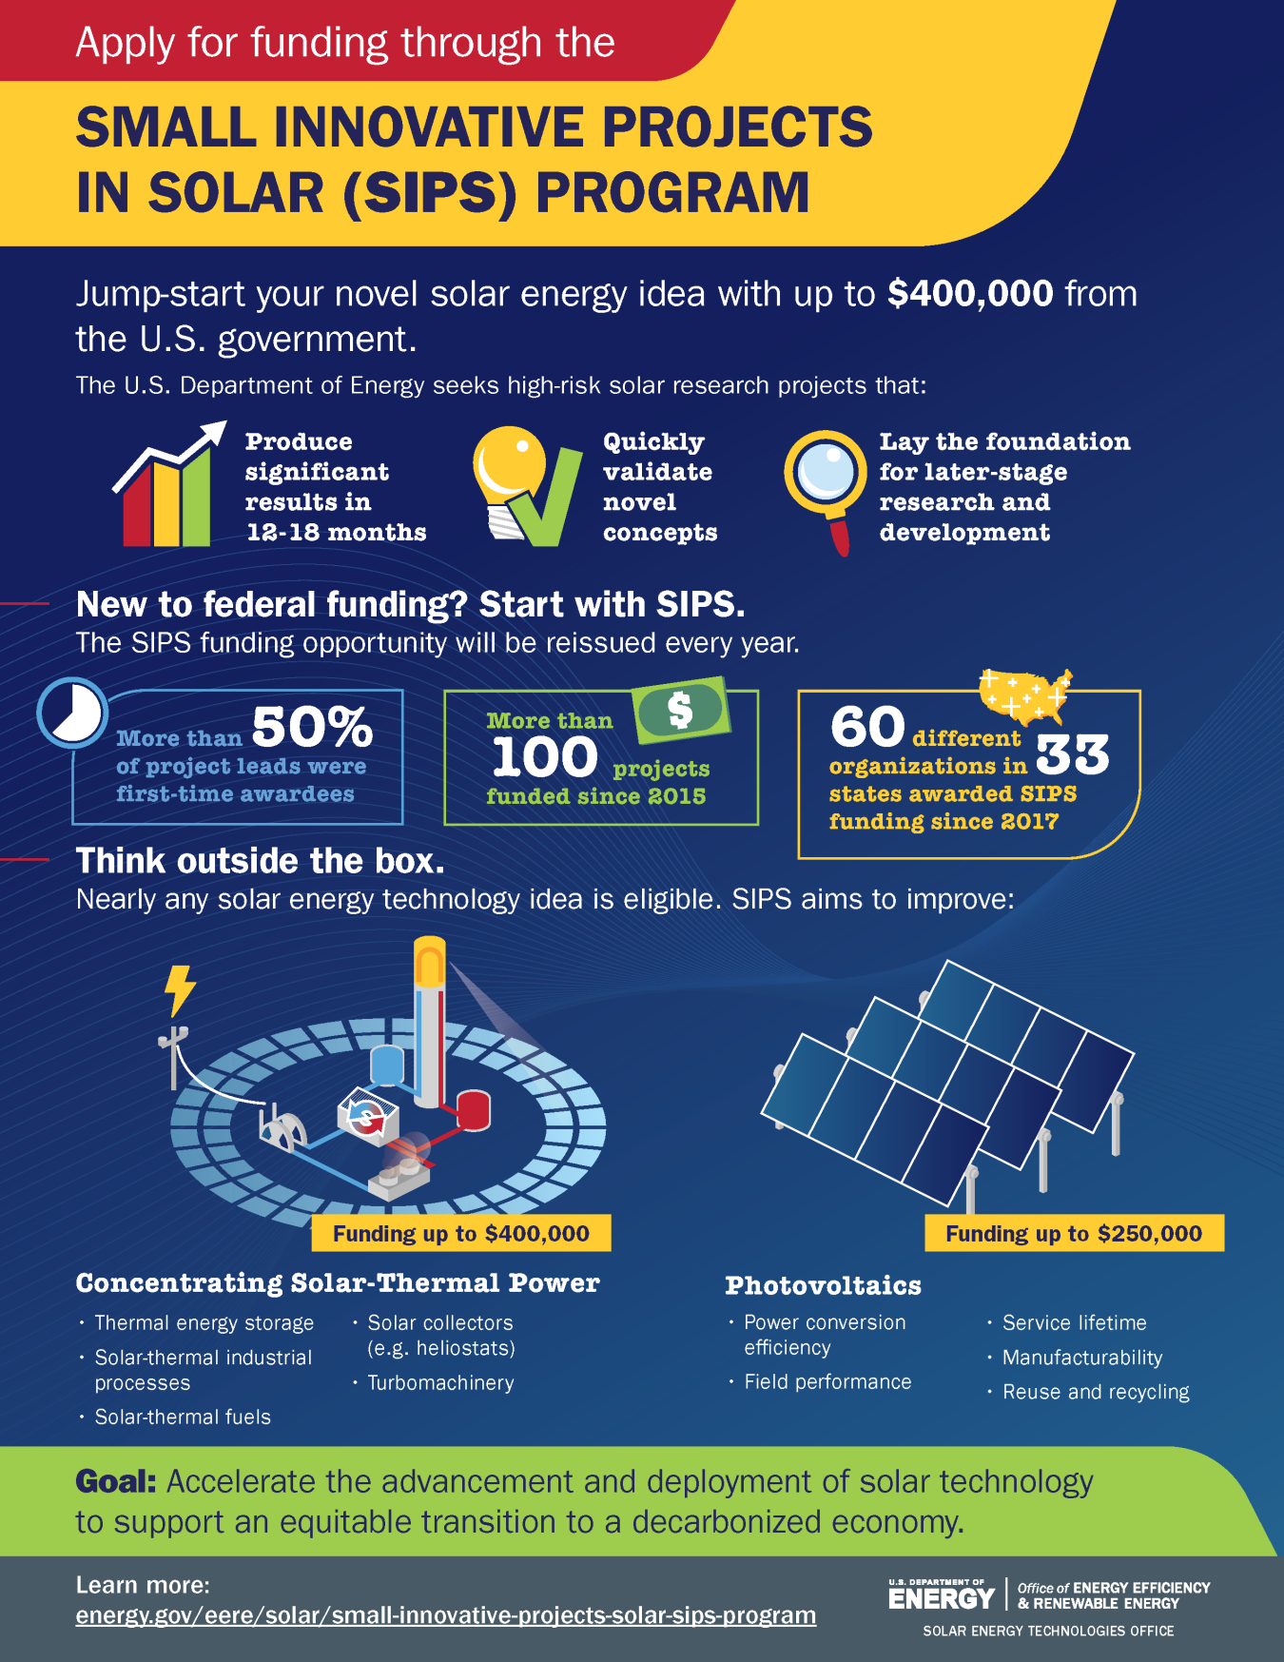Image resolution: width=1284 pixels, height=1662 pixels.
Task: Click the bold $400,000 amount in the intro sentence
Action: (x=969, y=294)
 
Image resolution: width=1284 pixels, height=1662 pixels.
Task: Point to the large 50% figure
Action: (x=312, y=728)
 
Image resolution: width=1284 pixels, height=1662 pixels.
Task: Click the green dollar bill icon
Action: (x=682, y=710)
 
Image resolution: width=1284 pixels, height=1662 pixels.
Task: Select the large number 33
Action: (x=1071, y=754)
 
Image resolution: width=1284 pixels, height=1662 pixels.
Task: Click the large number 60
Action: (x=866, y=728)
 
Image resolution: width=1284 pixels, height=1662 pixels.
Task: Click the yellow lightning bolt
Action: (x=179, y=989)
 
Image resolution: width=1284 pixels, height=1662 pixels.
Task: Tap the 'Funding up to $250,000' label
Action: (x=1074, y=1234)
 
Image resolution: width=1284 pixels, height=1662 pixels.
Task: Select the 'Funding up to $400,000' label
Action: (x=461, y=1234)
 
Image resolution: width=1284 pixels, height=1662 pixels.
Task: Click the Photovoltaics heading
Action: (x=823, y=1286)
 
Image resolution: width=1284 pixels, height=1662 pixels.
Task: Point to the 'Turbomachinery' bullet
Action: (x=440, y=1382)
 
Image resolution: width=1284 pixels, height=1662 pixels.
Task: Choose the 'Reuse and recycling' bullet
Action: (x=1095, y=1392)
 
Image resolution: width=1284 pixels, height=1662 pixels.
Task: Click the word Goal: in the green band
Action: (x=115, y=1481)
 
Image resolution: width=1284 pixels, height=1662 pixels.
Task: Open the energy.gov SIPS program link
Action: (x=445, y=1615)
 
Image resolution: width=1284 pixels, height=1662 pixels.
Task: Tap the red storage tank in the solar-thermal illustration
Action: (x=473, y=1109)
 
